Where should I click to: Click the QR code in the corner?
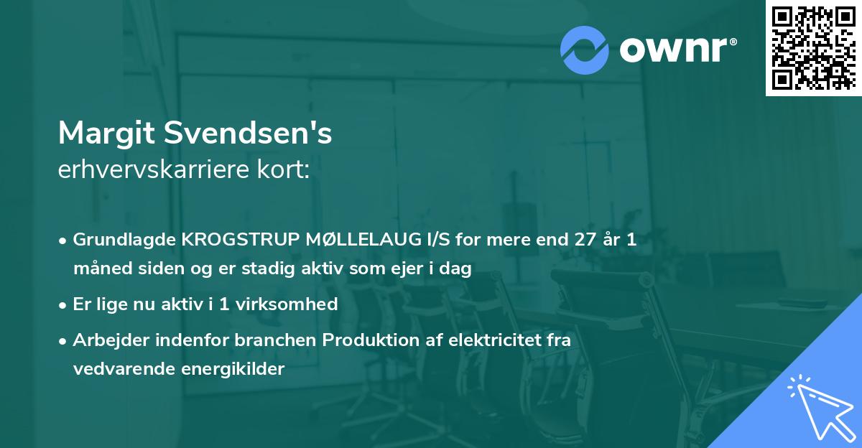(x=813, y=48)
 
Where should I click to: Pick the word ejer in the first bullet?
(x=403, y=269)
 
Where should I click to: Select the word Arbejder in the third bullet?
(x=105, y=340)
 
